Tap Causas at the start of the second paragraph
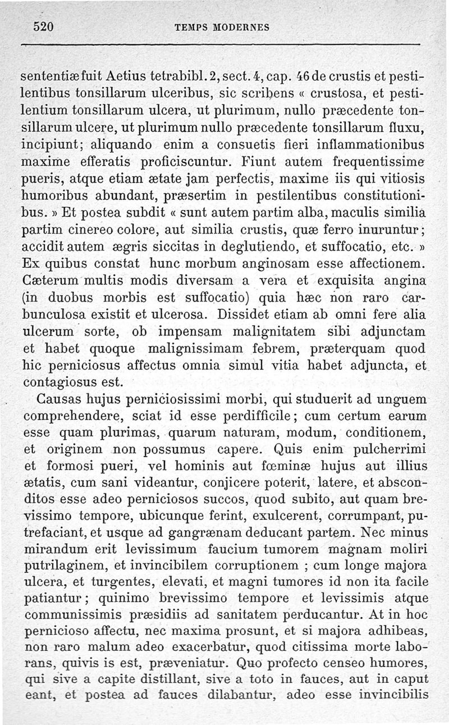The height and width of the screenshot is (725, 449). (x=60, y=400)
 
